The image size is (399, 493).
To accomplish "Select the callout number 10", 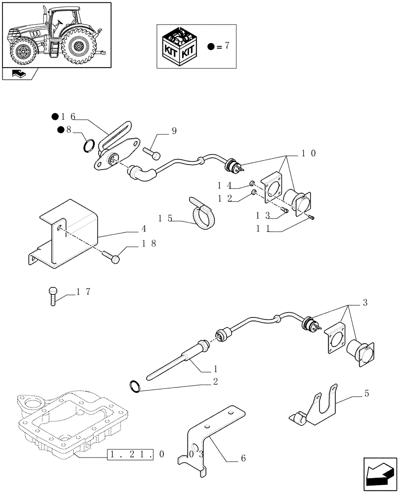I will pos(309,153).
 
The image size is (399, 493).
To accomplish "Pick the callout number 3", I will pos(364,302).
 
